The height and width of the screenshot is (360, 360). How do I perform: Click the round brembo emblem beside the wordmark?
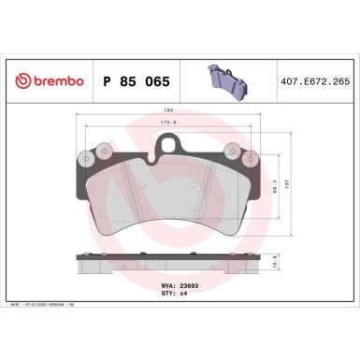pos(18,82)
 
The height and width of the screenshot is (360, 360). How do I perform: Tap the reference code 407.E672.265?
pos(319,82)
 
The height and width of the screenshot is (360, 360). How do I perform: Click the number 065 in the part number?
pos(155,82)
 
